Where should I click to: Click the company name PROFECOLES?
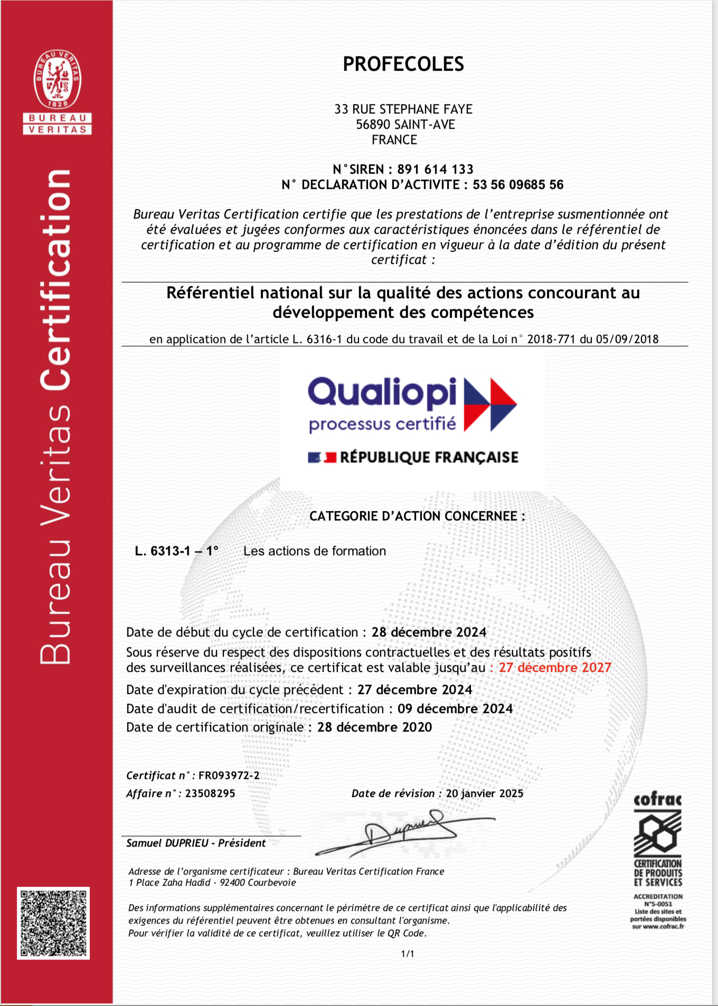pyautogui.click(x=403, y=64)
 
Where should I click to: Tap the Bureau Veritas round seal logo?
pyautogui.click(x=58, y=79)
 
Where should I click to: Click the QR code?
pyautogui.click(x=53, y=923)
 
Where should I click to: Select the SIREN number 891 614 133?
pyautogui.click(x=435, y=169)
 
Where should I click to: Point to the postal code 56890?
pyautogui.click(x=373, y=125)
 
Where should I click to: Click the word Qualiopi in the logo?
pyautogui.click(x=382, y=392)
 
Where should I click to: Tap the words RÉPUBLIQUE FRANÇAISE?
pyautogui.click(x=429, y=457)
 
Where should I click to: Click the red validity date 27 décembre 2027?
pyautogui.click(x=555, y=668)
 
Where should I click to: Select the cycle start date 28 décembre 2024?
pyautogui.click(x=429, y=632)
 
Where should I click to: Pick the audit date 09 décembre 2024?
pyautogui.click(x=455, y=709)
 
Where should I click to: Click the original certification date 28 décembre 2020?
pyautogui.click(x=374, y=727)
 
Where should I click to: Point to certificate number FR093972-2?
pyautogui.click(x=229, y=775)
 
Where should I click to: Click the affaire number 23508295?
pyautogui.click(x=210, y=793)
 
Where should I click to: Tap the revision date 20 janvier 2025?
pyautogui.click(x=485, y=793)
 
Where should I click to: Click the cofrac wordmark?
pyautogui.click(x=657, y=800)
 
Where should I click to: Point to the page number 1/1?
pyautogui.click(x=408, y=954)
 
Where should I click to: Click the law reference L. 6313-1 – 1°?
pyautogui.click(x=176, y=551)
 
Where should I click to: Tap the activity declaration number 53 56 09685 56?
pyautogui.click(x=518, y=185)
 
